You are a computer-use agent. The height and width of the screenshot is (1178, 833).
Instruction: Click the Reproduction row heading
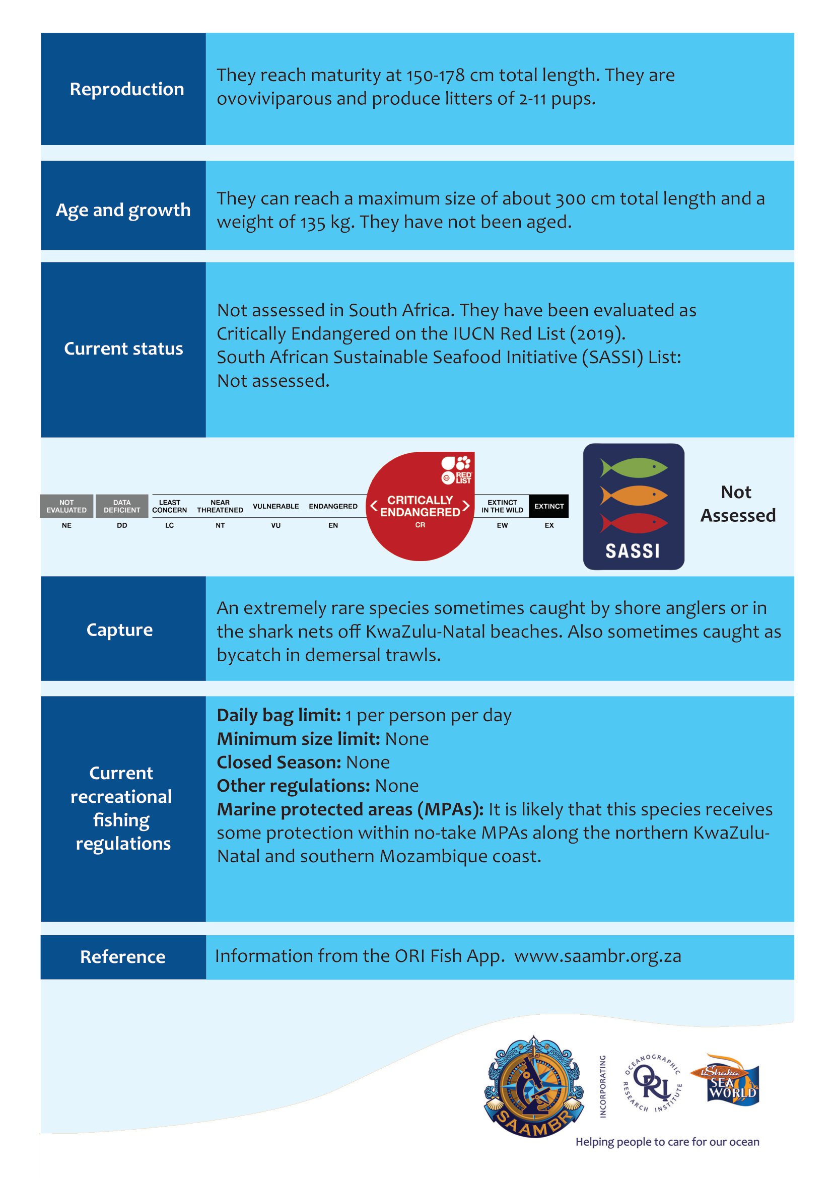pyautogui.click(x=127, y=89)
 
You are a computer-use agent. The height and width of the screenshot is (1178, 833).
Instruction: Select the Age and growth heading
pyautogui.click(x=123, y=210)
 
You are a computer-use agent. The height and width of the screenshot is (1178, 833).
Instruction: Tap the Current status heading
pyautogui.click(x=123, y=349)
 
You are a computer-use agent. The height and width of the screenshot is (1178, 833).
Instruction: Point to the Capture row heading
pyautogui.click(x=119, y=630)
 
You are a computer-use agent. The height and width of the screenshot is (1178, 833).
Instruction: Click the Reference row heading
pyautogui.click(x=122, y=957)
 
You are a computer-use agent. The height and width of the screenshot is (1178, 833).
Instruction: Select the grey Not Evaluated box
pyautogui.click(x=66, y=506)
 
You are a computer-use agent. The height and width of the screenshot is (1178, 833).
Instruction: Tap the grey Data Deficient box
pyautogui.click(x=122, y=506)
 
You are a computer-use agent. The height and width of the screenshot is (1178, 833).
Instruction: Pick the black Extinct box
pyautogui.click(x=549, y=506)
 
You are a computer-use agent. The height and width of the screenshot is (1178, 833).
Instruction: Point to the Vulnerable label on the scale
pyautogui.click(x=276, y=506)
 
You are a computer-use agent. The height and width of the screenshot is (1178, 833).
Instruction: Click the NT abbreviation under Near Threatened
pyautogui.click(x=220, y=525)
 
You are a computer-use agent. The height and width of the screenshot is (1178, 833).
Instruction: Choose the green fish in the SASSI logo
pyautogui.click(x=634, y=468)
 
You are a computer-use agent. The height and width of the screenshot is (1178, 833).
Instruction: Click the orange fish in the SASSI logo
pyautogui.click(x=634, y=495)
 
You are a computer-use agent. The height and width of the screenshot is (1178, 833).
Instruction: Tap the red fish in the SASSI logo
pyautogui.click(x=634, y=523)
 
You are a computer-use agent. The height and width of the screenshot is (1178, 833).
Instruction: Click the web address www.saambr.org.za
pyautogui.click(x=598, y=956)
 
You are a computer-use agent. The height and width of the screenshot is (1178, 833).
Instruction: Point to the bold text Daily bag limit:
pyautogui.click(x=279, y=715)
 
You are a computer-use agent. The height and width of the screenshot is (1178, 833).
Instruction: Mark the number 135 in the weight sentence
pyautogui.click(x=313, y=223)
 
